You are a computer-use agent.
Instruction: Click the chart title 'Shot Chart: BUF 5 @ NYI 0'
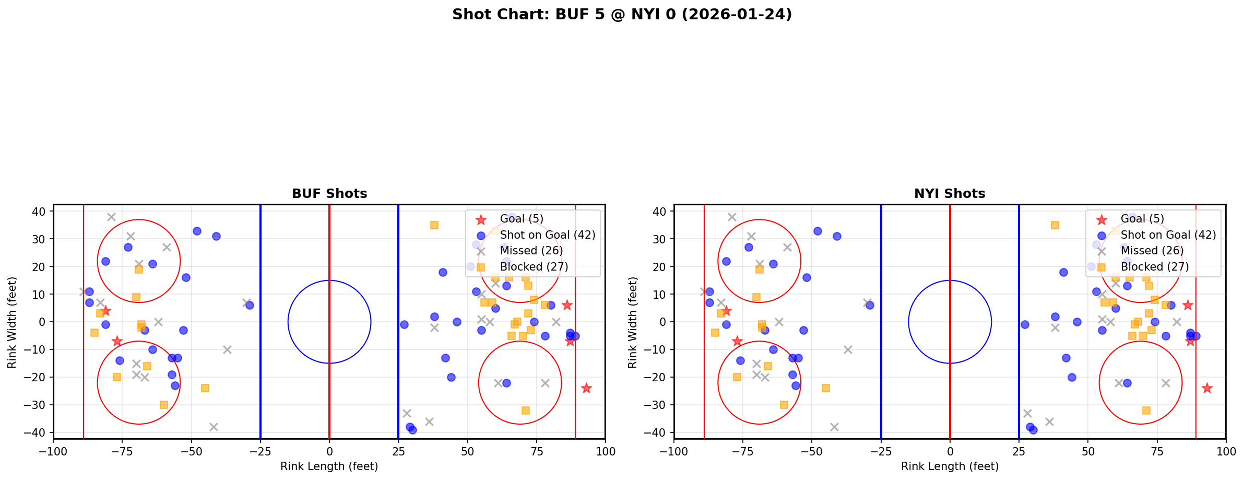tap(622, 15)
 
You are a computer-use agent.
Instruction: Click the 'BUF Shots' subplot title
tap(329, 194)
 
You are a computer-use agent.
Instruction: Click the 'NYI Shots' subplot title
tap(950, 194)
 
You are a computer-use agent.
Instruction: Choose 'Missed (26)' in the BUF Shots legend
tap(531, 251)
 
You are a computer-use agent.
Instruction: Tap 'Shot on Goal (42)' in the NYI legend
tap(1168, 235)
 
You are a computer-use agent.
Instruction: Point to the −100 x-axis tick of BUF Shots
tap(53, 451)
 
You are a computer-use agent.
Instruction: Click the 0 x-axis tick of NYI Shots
tap(950, 451)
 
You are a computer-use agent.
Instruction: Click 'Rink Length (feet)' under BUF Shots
tap(329, 466)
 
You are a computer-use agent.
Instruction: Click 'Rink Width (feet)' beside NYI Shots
tap(633, 322)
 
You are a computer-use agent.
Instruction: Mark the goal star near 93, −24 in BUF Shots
tap(586, 388)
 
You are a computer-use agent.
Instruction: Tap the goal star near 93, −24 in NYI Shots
tap(1207, 388)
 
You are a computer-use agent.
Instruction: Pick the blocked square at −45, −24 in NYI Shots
tap(826, 388)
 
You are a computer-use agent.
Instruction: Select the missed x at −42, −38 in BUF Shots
tap(214, 427)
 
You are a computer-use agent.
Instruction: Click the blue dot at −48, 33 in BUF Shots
tap(197, 231)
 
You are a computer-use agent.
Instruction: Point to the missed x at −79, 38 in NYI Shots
tap(732, 217)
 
